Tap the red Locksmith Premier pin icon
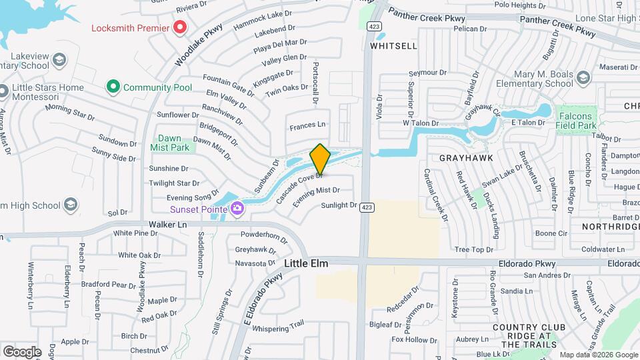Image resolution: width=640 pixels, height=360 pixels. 179,28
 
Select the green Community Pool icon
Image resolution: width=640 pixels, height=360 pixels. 113,87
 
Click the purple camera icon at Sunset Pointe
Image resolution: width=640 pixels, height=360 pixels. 237,209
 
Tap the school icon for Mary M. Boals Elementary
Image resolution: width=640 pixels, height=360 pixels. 583,79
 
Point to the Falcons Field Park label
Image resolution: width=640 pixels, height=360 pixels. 575,121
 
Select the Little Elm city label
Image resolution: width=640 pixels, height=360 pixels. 306,264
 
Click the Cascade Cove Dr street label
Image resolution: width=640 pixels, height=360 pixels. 299,187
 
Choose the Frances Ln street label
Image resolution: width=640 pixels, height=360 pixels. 307,125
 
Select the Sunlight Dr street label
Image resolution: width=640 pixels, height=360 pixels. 339,205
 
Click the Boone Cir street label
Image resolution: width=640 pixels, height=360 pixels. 551,233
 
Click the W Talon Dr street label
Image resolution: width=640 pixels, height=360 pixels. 421,123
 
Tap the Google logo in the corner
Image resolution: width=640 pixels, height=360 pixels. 22,351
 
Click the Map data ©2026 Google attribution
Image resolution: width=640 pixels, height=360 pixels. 598,355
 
